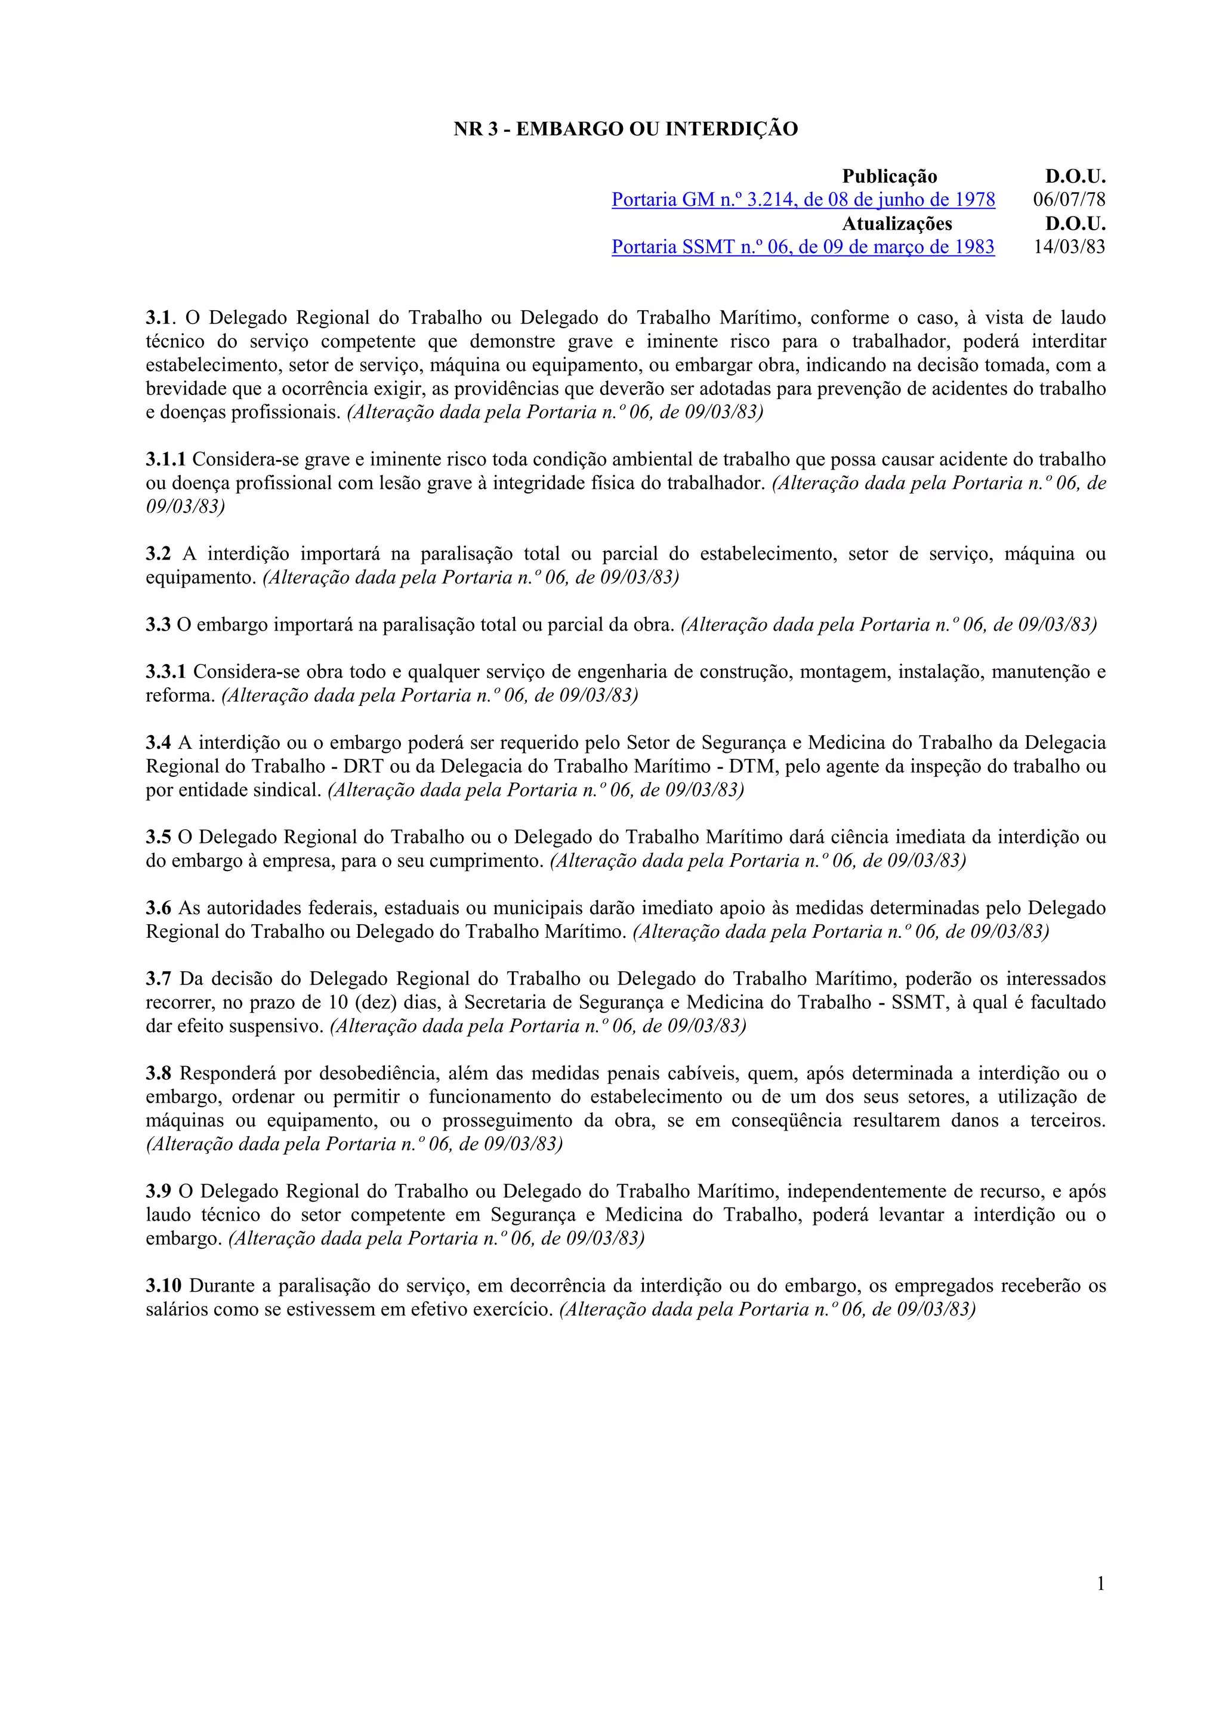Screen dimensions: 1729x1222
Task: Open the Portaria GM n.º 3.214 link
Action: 803,200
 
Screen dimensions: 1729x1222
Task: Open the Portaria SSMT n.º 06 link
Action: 803,248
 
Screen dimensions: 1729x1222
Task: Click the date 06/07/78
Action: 1069,200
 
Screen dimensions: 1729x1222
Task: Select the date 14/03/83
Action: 1069,248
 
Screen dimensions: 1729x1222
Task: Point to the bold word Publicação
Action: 889,177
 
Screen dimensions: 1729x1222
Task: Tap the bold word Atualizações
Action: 897,224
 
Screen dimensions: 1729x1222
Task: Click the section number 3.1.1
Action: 166,459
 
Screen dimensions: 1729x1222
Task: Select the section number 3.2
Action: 158,554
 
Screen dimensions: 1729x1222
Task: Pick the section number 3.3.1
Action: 166,672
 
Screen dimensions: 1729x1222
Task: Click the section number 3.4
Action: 158,743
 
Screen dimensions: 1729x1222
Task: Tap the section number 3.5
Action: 158,838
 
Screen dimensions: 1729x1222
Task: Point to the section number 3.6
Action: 158,908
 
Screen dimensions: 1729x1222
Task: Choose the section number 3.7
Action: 158,979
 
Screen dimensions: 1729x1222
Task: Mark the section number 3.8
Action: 158,1074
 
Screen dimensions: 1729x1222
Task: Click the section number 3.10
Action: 163,1286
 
